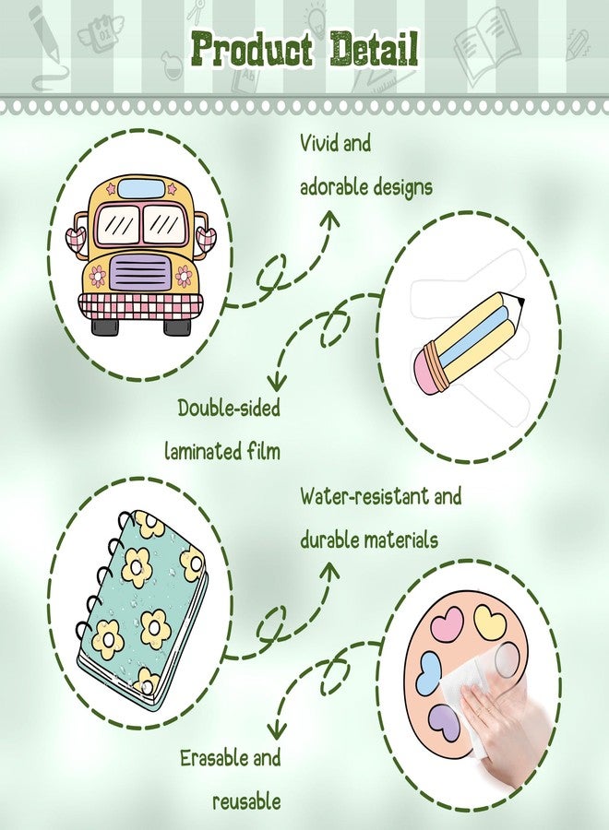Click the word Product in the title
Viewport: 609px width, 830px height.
coord(252,50)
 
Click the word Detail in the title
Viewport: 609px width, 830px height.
coord(375,49)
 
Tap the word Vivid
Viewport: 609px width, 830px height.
coord(317,143)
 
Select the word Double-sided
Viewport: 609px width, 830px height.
coord(229,409)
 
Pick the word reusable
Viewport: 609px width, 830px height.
coord(246,801)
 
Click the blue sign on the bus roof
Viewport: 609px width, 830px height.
coord(141,188)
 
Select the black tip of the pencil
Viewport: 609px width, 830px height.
coord(520,302)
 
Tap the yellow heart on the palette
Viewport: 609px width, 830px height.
coord(490,622)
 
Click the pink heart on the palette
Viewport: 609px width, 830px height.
coord(447,622)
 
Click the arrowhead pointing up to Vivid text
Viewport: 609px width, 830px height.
coord(331,220)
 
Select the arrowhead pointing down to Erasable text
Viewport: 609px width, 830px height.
coord(276,731)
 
